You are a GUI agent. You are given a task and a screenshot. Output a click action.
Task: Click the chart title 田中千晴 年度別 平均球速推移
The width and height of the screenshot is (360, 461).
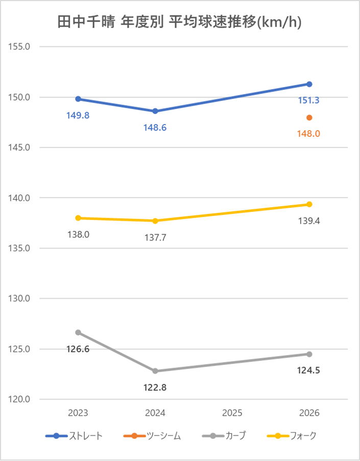(180, 23)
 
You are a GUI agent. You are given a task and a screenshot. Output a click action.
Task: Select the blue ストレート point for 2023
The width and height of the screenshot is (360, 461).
(78, 99)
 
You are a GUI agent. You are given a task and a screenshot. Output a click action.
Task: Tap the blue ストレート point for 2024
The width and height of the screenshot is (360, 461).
(155, 111)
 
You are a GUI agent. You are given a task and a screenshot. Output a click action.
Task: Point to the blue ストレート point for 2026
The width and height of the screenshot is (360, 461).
(309, 84)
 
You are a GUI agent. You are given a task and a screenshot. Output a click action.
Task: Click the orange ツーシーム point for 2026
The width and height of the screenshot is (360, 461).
(309, 117)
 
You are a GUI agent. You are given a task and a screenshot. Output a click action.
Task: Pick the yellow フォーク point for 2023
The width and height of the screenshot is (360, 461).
(78, 218)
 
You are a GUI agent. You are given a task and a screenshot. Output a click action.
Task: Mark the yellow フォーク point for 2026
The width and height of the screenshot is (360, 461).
(309, 204)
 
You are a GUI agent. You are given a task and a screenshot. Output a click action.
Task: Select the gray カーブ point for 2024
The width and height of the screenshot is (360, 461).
(155, 371)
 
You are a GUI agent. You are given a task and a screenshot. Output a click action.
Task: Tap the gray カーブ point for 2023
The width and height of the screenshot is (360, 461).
(78, 332)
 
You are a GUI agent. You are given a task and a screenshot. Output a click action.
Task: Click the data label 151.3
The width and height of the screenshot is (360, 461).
(308, 101)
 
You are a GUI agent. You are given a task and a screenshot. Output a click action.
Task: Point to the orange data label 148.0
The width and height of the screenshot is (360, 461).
(308, 134)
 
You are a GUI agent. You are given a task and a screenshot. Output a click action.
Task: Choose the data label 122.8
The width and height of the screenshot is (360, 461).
(155, 387)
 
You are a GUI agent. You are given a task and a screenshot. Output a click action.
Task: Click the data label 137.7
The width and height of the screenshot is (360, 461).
(155, 237)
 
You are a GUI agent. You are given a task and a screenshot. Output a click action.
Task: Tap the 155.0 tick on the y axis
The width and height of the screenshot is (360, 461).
(20, 46)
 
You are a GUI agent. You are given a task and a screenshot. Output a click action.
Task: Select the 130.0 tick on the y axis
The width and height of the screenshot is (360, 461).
(20, 299)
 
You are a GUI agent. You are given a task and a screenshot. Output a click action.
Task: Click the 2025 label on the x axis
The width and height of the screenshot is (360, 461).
(232, 413)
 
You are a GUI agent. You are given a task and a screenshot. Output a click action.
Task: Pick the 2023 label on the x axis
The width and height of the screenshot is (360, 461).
(78, 413)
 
